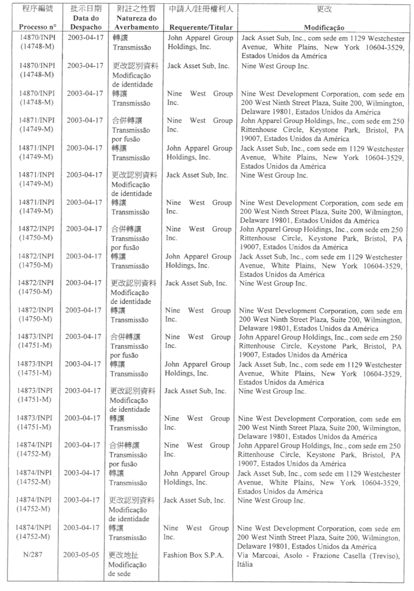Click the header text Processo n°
(x=37, y=27)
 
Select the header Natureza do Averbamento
(x=133, y=22)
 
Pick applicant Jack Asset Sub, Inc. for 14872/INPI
(x=196, y=283)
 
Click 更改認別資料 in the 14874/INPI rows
(x=132, y=500)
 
